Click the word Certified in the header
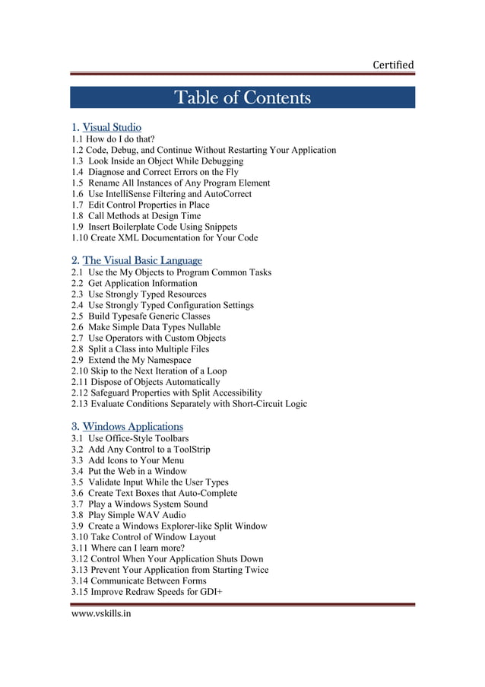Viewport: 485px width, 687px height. pos(393,65)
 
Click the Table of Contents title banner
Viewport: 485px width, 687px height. pos(242,98)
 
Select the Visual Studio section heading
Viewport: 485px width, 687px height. pos(112,127)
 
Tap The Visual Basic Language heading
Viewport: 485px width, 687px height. pos(142,260)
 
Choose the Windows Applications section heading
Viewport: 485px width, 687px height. pos(132,426)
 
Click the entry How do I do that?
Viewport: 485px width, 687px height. pos(120,139)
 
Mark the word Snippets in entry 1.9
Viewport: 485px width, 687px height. pos(218,227)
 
